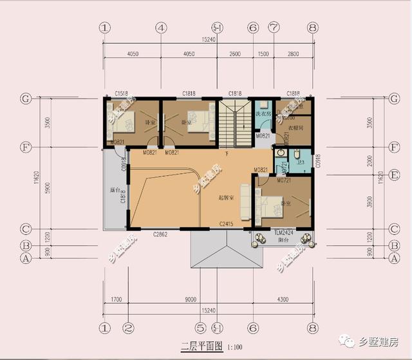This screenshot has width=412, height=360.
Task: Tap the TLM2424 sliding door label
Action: pyautogui.click(x=283, y=233)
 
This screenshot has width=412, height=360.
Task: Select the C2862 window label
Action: pyautogui.click(x=160, y=234)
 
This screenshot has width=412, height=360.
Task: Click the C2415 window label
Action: pyautogui.click(x=225, y=224)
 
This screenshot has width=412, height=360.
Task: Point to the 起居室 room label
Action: pyautogui.click(x=225, y=198)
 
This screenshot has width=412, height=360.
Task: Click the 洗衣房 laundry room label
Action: pyautogui.click(x=264, y=114)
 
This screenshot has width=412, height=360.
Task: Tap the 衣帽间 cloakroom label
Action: pyautogui.click(x=295, y=128)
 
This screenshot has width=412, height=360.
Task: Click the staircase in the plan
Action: pyautogui.click(x=236, y=123)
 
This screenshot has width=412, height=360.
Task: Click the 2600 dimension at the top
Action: pyautogui.click(x=235, y=54)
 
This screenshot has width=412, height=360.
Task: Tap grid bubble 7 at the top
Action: pyautogui.click(x=275, y=28)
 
